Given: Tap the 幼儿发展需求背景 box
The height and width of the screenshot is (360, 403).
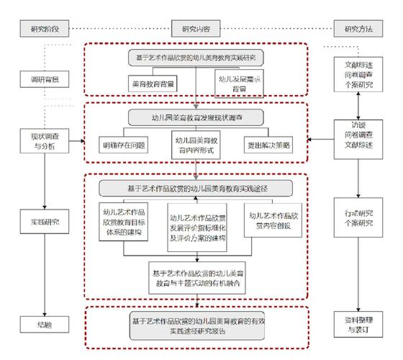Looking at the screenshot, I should pyautogui.click(x=232, y=84).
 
